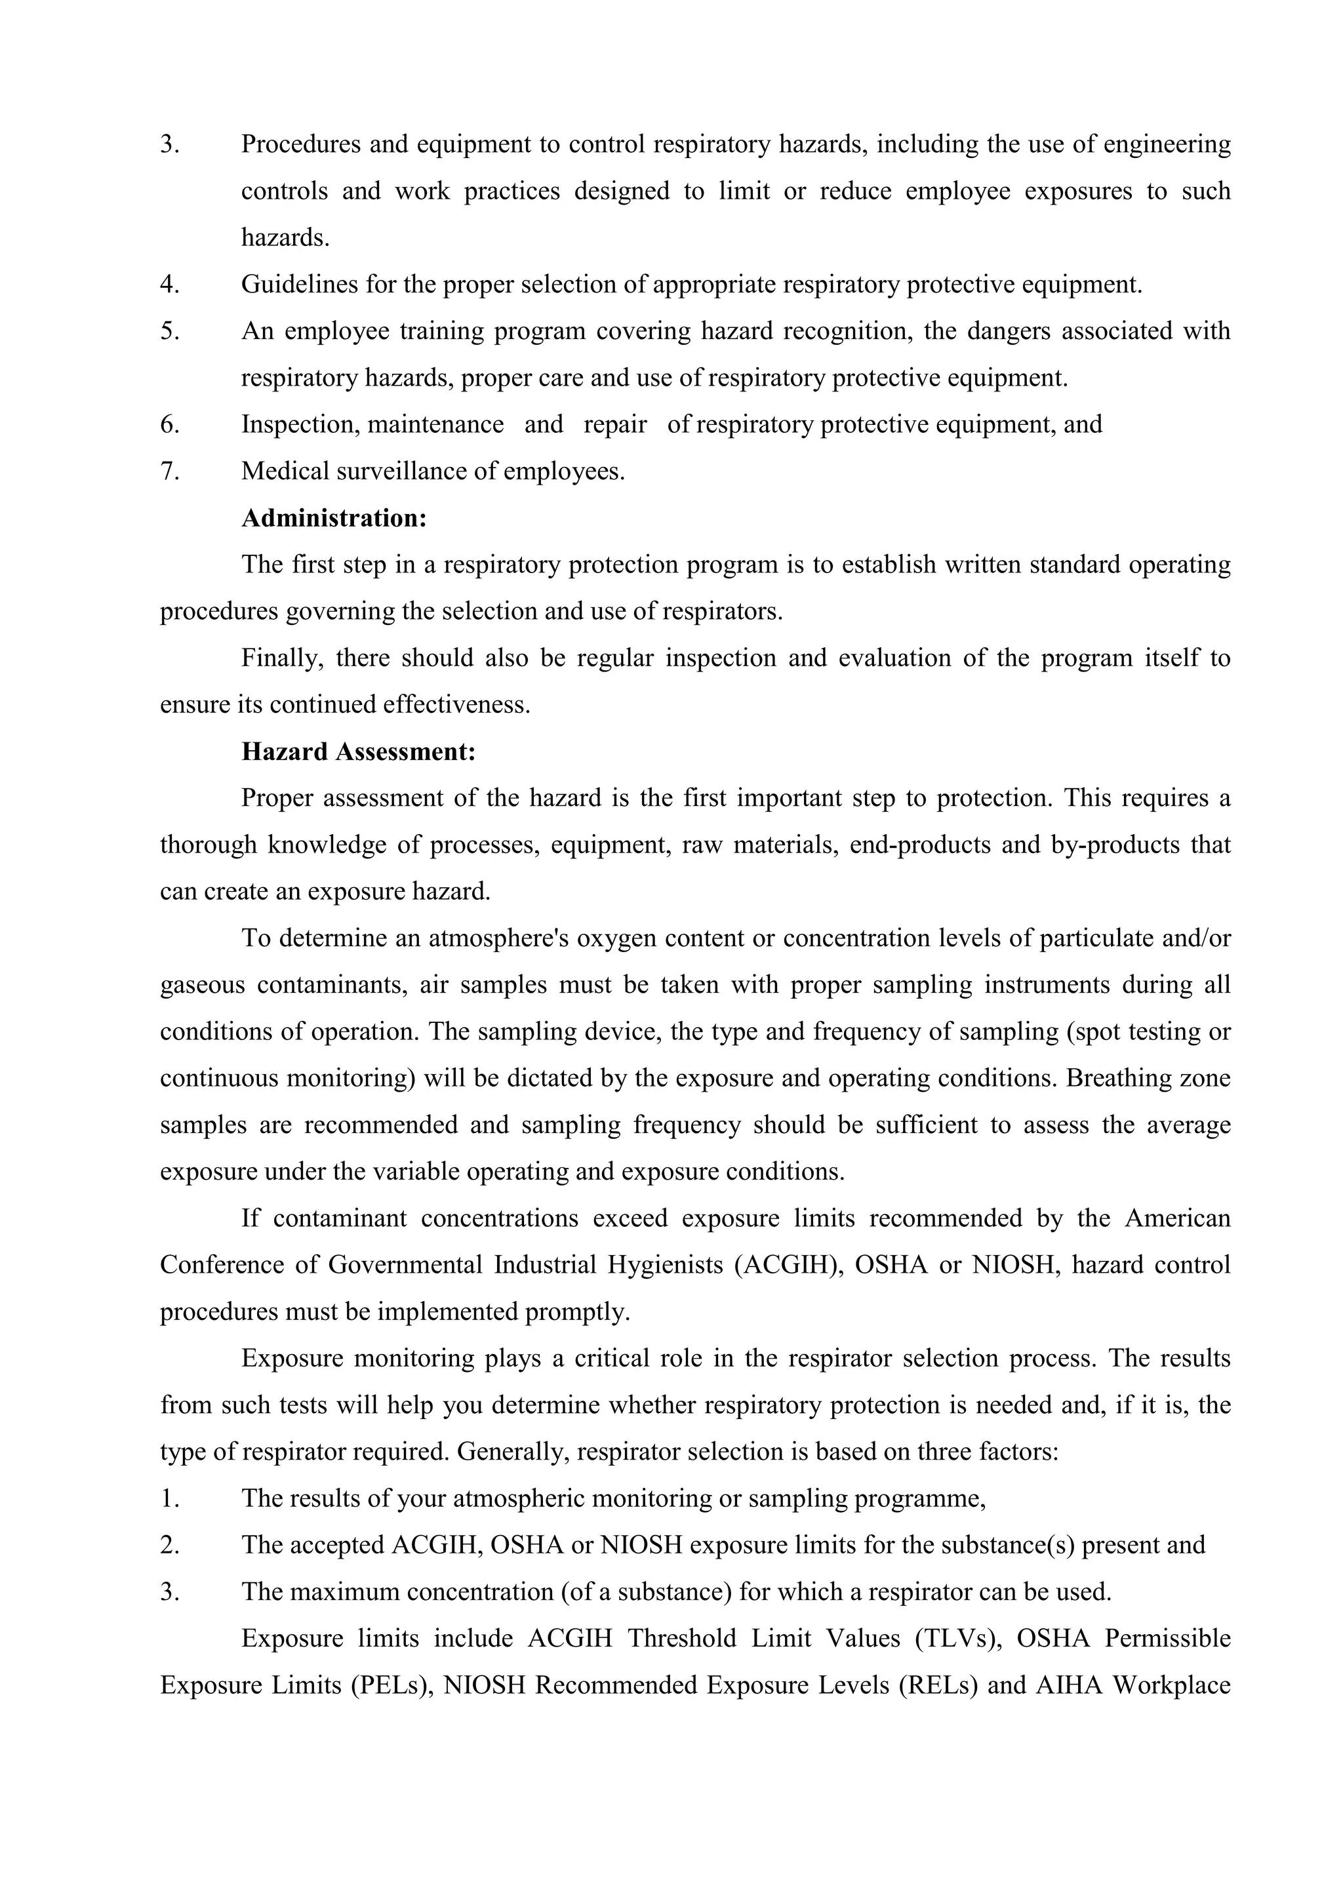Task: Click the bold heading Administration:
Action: coord(334,519)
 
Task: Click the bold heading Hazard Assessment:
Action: coord(358,752)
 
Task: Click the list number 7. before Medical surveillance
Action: coord(170,471)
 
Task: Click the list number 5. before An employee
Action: coord(170,332)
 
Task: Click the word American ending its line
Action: coord(1178,1218)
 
